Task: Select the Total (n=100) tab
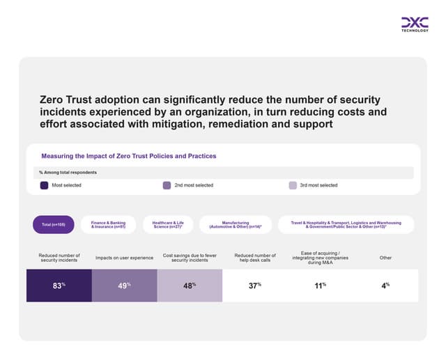click(54, 224)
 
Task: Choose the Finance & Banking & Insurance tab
click(108, 224)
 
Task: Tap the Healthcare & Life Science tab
click(168, 224)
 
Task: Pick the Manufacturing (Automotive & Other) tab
click(235, 224)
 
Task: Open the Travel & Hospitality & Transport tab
click(346, 224)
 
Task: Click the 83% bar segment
click(59, 285)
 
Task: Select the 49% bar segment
click(124, 285)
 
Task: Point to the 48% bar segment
click(190, 285)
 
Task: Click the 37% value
click(254, 285)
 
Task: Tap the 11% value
click(320, 285)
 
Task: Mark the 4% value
click(385, 285)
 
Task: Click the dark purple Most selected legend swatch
click(45, 185)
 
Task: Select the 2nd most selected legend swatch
click(167, 185)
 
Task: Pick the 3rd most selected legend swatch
click(293, 185)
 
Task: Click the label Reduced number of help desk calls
click(255, 258)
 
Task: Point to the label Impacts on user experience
click(124, 258)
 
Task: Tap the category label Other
click(385, 258)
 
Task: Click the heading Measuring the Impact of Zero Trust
click(128, 156)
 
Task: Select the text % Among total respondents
click(68, 172)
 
